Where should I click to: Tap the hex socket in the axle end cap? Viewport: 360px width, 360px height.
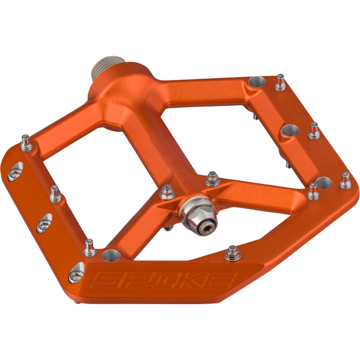point(208,228)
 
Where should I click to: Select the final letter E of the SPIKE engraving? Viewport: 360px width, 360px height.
point(225,279)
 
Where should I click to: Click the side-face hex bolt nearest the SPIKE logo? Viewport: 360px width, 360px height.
point(76,272)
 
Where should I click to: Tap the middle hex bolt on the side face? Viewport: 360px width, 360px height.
point(45,223)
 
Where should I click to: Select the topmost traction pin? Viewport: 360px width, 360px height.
point(280,82)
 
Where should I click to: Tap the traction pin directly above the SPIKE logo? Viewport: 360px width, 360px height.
point(232,253)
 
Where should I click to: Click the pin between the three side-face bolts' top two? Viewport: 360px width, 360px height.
point(54,193)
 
